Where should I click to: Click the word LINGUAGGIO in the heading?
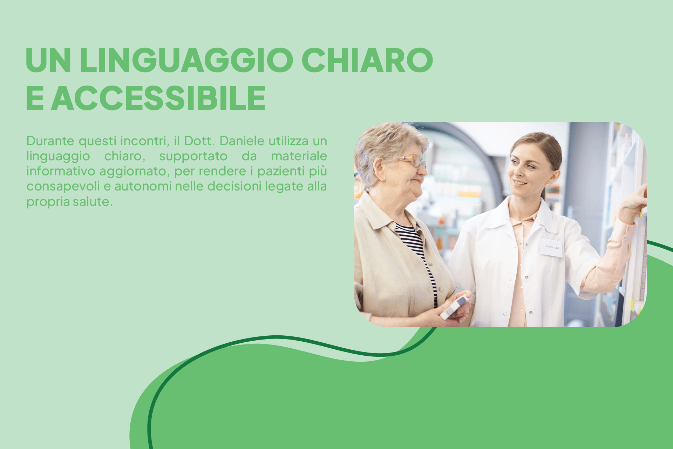click(186, 60)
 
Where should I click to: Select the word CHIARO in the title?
click(367, 60)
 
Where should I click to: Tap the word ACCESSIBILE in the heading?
click(158, 98)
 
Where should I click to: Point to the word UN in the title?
click(48, 60)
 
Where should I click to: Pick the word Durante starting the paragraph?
click(50, 141)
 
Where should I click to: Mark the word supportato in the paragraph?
click(193, 156)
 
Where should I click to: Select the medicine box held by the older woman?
click(455, 307)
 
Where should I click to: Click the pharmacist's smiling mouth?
click(520, 183)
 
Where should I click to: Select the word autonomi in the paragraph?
click(143, 186)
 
